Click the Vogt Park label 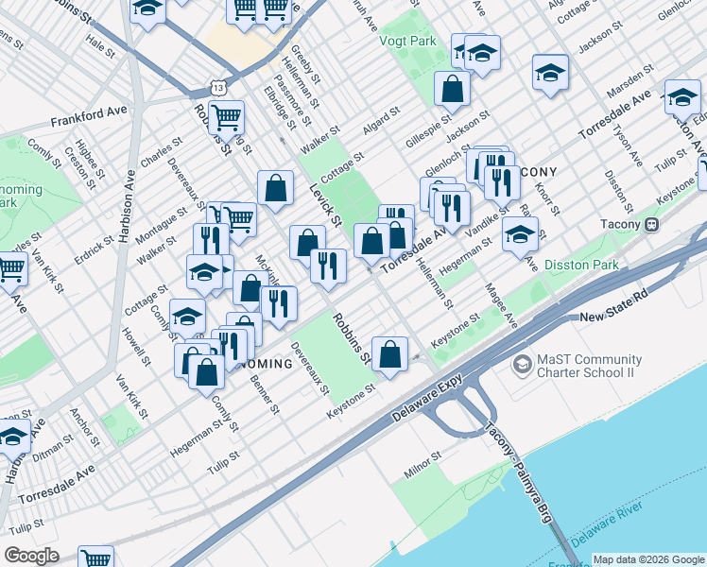(x=407, y=42)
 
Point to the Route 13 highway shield (x=219, y=87)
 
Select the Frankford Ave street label (x=89, y=121)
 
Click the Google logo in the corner (x=31, y=556)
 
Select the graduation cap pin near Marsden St (x=550, y=73)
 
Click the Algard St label (x=383, y=127)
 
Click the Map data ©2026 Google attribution (x=647, y=558)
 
